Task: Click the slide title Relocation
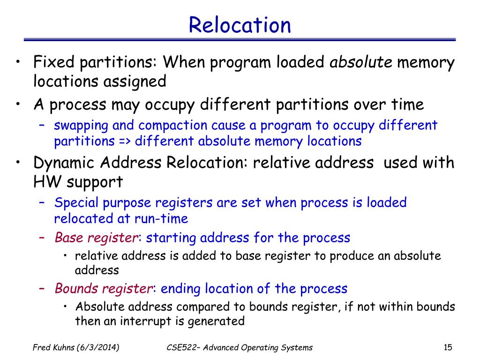pyautogui.click(x=240, y=24)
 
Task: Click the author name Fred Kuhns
pyautogui.click(x=53, y=347)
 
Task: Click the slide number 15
pyautogui.click(x=447, y=347)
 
